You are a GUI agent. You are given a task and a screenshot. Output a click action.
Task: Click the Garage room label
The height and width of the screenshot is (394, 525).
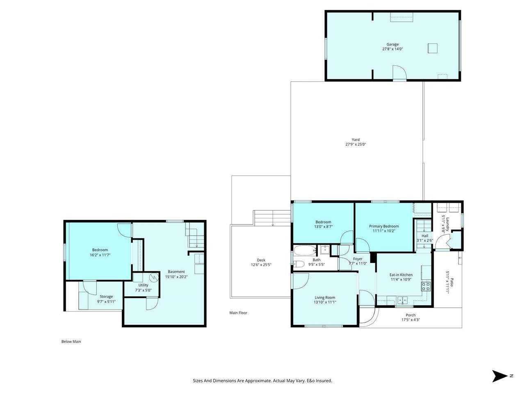pyautogui.click(x=392, y=44)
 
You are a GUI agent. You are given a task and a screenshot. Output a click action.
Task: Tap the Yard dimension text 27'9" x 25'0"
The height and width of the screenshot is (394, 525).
pyautogui.click(x=356, y=144)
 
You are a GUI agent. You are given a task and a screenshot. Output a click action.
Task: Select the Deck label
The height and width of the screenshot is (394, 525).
pyautogui.click(x=261, y=260)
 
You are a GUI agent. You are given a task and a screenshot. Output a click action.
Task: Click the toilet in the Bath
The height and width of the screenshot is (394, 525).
pyautogui.click(x=299, y=264)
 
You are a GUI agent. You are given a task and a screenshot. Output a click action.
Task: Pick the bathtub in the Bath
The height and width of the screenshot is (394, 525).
pyautogui.click(x=304, y=250)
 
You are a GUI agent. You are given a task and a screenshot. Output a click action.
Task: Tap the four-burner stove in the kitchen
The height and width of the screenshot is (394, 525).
pyautogui.click(x=426, y=286)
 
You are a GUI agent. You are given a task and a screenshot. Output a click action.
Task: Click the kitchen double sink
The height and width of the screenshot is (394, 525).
pyautogui.click(x=402, y=300)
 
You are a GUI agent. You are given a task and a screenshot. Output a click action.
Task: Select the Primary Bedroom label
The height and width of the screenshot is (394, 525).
pyautogui.click(x=383, y=226)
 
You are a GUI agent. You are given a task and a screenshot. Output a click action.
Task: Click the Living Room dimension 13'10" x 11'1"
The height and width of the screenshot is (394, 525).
pyautogui.click(x=325, y=302)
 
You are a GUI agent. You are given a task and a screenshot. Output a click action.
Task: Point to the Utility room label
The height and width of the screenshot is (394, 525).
pyautogui.click(x=143, y=285)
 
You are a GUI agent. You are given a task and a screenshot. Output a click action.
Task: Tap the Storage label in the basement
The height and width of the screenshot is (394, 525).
pyautogui.click(x=106, y=297)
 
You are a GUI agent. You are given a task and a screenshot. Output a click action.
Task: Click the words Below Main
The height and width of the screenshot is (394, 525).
pyautogui.click(x=71, y=341)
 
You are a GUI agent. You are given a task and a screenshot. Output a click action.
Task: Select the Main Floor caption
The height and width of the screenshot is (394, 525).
pyautogui.click(x=238, y=313)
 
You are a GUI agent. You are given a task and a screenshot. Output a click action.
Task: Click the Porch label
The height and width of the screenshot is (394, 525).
pyautogui.click(x=411, y=315)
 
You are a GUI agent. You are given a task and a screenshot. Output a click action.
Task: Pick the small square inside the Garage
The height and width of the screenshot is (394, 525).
pyautogui.click(x=432, y=48)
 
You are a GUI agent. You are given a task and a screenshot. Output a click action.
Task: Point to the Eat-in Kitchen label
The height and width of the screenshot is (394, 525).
pyautogui.click(x=401, y=275)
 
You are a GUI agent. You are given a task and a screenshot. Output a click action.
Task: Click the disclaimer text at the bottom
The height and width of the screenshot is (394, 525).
pyautogui.click(x=262, y=380)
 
